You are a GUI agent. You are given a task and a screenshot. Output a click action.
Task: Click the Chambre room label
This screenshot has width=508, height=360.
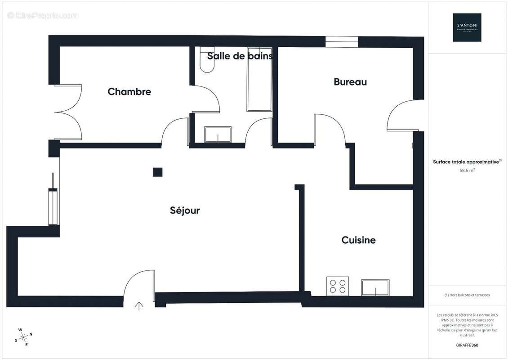(129, 92)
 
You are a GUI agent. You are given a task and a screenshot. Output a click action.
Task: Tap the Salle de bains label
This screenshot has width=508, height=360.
(240, 56)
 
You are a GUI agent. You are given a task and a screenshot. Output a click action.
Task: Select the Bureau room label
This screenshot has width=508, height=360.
(350, 82)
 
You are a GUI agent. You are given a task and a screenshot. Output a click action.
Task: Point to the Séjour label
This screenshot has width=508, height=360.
(185, 210)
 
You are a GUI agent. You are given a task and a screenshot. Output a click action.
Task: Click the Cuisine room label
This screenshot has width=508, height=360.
(358, 240)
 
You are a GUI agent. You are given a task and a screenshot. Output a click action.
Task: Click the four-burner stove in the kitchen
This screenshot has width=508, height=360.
(338, 286)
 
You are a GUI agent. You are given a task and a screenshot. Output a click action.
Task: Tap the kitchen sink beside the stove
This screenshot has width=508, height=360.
(375, 287)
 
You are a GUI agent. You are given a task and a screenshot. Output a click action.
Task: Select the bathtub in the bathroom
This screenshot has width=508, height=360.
(259, 85)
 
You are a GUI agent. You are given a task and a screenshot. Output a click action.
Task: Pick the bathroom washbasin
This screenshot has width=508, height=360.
(218, 134)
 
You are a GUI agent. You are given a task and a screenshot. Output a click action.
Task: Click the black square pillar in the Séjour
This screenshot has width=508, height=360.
(157, 172)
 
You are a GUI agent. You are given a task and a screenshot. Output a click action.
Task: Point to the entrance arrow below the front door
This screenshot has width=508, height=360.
(139, 306)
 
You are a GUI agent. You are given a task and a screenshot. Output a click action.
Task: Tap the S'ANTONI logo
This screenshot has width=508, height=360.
(467, 27)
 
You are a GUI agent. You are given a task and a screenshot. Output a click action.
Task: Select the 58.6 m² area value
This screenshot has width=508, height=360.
(467, 171)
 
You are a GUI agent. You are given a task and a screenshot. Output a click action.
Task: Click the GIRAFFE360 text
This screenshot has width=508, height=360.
(467, 344)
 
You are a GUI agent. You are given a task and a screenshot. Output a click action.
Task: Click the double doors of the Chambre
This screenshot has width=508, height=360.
(67, 112)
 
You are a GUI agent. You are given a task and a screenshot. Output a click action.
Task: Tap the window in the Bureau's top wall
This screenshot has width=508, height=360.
(342, 41)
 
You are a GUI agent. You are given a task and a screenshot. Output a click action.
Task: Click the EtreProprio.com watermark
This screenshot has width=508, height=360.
(43, 16)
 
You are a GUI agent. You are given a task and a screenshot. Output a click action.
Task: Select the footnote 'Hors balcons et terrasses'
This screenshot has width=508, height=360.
(467, 295)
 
